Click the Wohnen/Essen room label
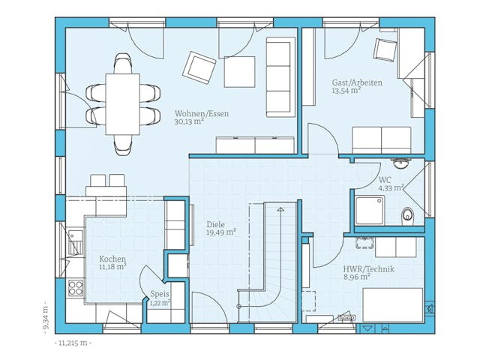tap(202, 113)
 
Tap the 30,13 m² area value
tap(189, 121)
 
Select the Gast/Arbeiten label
tap(357, 82)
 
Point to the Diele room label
tap(216, 224)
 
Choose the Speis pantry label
tap(160, 294)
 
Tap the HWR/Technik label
tap(368, 269)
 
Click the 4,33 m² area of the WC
tap(391, 188)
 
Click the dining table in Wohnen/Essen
tap(123, 104)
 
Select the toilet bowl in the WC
tap(407, 215)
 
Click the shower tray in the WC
tap(370, 211)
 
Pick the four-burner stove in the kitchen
tap(75, 288)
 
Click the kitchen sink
tap(75, 242)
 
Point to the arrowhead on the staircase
tap(280, 209)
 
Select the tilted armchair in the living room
tap(199, 67)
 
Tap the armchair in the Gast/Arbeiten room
tap(385, 49)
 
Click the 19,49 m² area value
tap(220, 232)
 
